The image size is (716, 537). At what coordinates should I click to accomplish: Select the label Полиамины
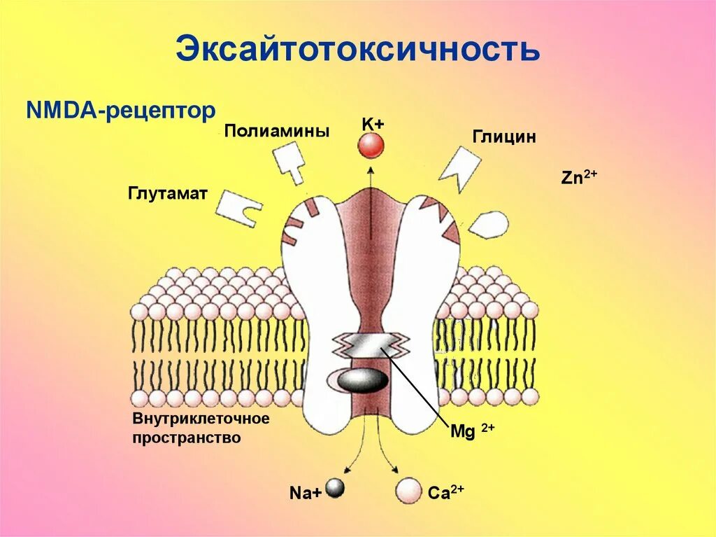[x=277, y=132]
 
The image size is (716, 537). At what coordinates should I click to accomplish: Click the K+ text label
[x=373, y=124]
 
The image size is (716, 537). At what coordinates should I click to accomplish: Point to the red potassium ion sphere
[x=371, y=146]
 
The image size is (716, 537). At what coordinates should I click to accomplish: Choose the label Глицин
[x=504, y=137]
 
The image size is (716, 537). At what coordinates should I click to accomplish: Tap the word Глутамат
[x=168, y=193]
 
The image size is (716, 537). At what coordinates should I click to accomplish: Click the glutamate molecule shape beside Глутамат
[x=238, y=207]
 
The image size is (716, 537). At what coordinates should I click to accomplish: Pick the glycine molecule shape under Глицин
[x=459, y=168]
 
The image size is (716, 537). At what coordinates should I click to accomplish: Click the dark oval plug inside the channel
[x=361, y=379]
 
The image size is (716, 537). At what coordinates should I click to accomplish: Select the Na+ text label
[x=306, y=493]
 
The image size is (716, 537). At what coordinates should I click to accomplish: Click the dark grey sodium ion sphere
[x=336, y=488]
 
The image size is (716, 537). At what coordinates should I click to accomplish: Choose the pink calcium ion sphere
[x=408, y=490]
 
